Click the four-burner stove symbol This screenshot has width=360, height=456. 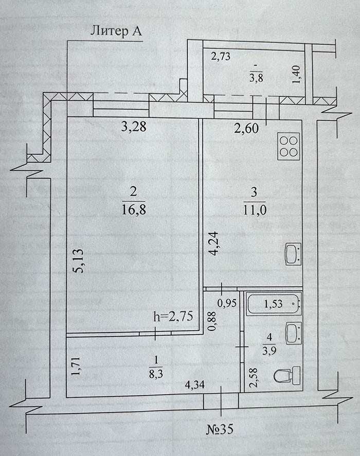point(289,146)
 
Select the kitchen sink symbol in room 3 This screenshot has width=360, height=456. point(293,255)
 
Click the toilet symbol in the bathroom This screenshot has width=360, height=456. point(287,375)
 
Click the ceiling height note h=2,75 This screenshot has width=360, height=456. point(173,317)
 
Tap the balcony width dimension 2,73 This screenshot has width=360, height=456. point(221,57)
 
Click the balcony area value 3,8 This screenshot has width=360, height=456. point(256,79)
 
